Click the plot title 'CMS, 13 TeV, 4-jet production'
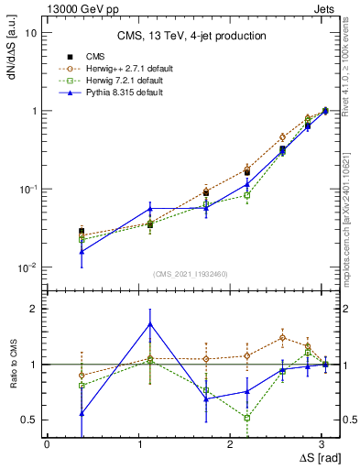pos(192,37)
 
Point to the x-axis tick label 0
pos(47,442)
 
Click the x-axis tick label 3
pos(322,442)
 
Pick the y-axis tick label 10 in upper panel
pos(29,33)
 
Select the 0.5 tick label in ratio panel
pos(27,420)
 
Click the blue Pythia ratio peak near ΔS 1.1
pos(150,323)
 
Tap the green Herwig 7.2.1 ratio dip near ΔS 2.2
pos(247,418)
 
